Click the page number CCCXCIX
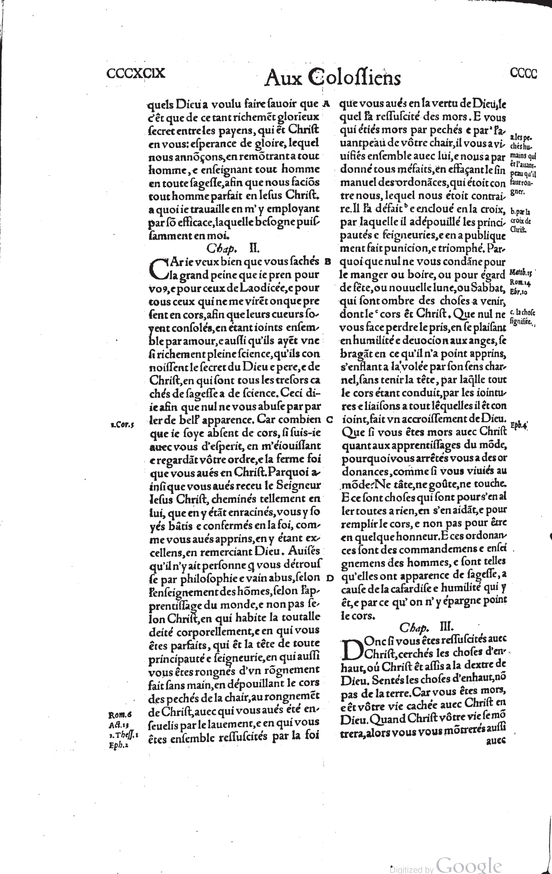(136, 73)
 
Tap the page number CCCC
(523, 74)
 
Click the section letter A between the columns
(326, 104)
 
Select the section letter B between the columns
(327, 261)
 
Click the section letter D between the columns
(330, 578)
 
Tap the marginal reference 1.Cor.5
(122, 425)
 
